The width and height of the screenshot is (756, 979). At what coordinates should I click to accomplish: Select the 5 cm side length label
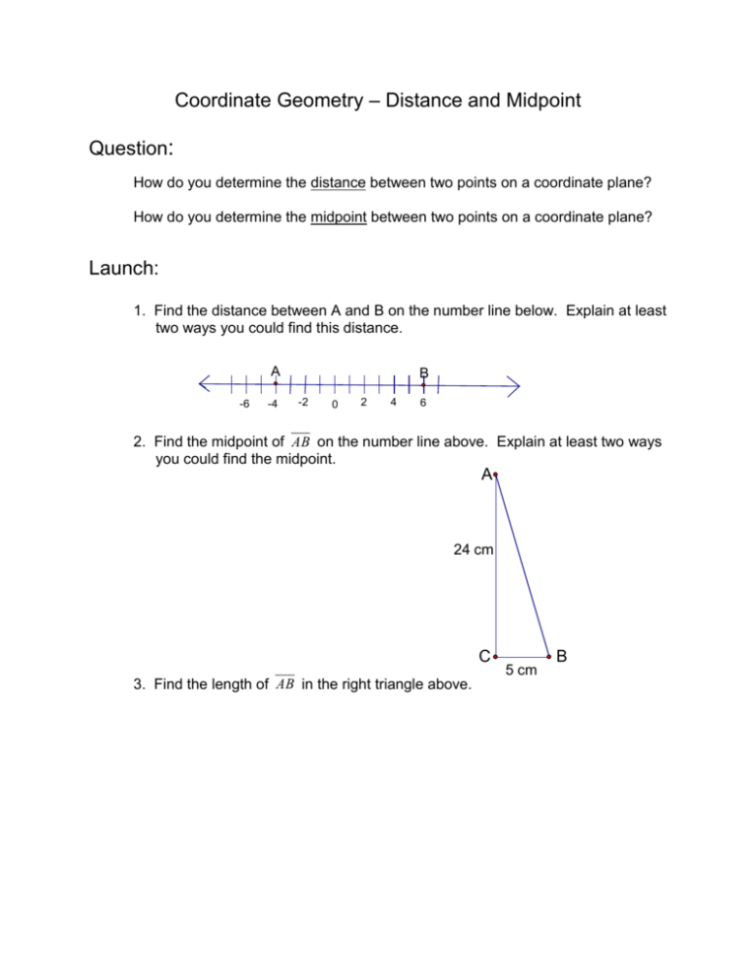pos(523,671)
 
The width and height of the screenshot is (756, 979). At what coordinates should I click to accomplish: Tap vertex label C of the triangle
pos(485,656)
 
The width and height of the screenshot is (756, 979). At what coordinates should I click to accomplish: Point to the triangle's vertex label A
pos(487,475)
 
